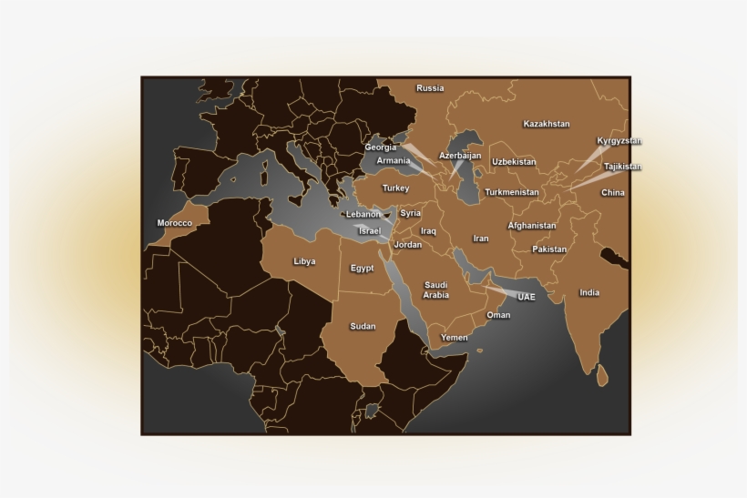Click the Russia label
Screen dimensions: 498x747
[x=430, y=88]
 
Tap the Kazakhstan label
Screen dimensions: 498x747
[x=547, y=123]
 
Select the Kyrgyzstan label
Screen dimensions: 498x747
[x=619, y=141]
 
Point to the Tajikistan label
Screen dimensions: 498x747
[x=622, y=167]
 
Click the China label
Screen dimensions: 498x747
[x=613, y=193]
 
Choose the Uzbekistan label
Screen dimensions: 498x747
[x=514, y=162]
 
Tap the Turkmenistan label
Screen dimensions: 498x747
[x=513, y=192]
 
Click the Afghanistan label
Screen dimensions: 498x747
[x=532, y=225]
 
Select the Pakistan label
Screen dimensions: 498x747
[x=549, y=249]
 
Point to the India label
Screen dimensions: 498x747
[x=589, y=292]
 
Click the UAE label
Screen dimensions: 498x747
[x=527, y=297]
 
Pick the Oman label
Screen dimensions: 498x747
[x=498, y=315]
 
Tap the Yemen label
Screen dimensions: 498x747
[x=455, y=338]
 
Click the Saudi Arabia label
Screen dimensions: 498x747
[x=436, y=290]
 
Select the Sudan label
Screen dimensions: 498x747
[x=363, y=326]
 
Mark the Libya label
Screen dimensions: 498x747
[x=304, y=261]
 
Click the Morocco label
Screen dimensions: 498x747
[x=175, y=223]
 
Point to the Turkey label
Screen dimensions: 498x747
[x=395, y=188]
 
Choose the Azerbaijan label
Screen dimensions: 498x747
[x=460, y=156]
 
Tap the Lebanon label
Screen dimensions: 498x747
[x=363, y=214]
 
